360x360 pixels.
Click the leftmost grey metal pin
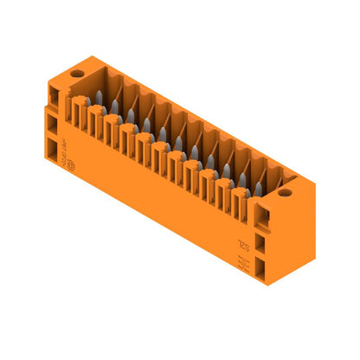(99, 96)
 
